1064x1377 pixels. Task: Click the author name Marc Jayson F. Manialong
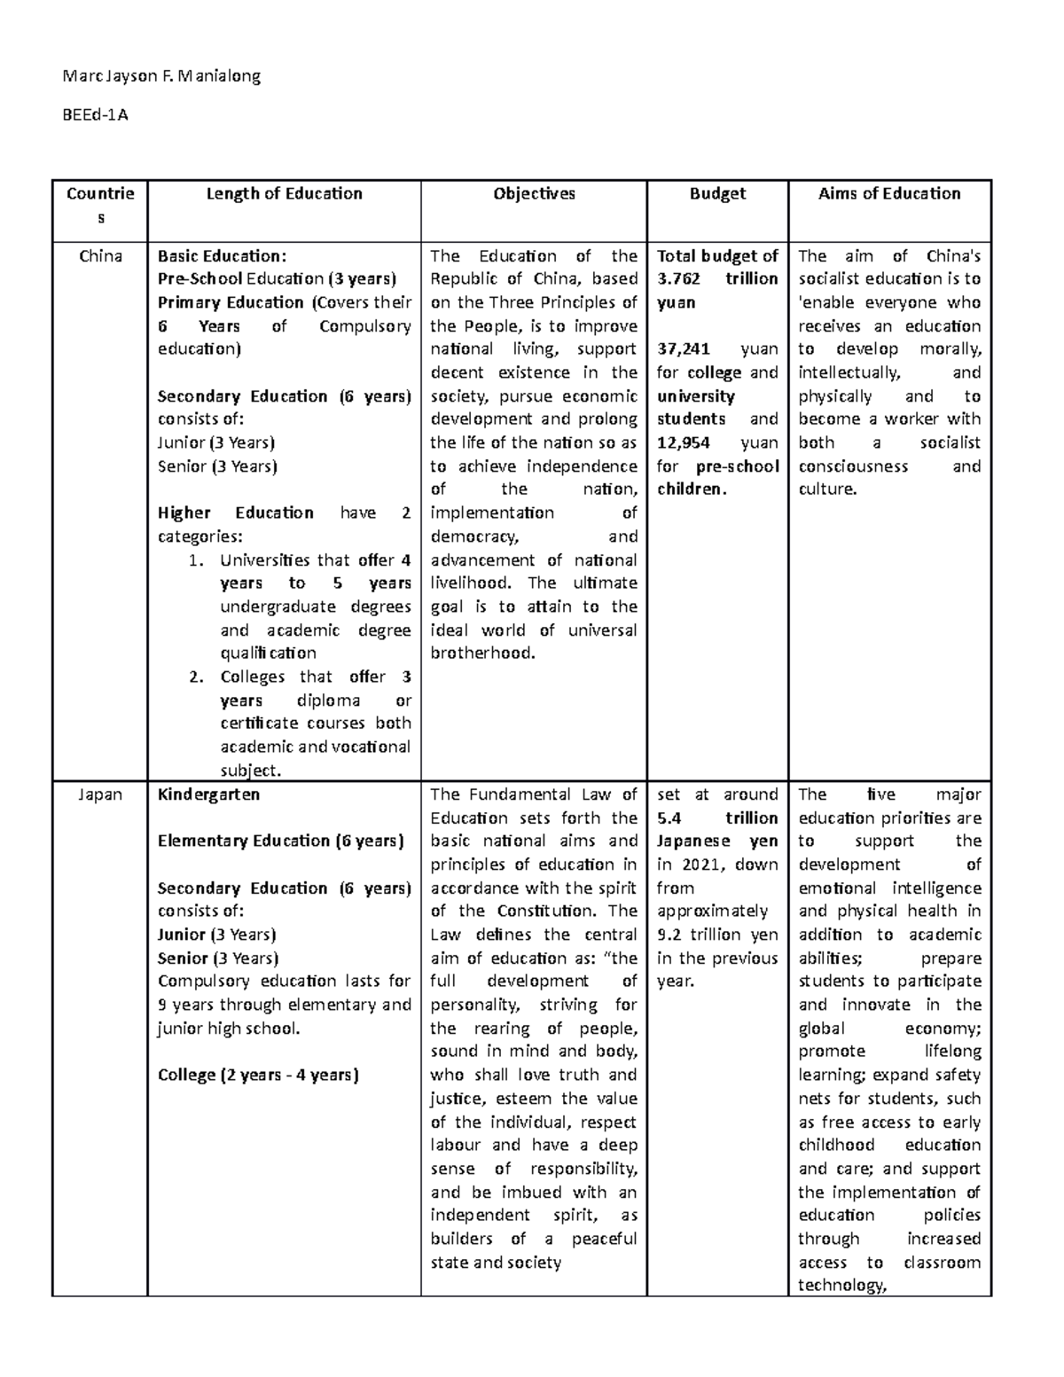tap(161, 76)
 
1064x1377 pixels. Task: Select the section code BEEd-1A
tap(95, 114)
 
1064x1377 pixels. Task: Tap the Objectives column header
tap(534, 193)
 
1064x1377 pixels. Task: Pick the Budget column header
tap(716, 193)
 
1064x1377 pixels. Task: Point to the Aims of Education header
tap(889, 193)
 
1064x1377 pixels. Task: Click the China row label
tap(100, 256)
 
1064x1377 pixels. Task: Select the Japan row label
tap(100, 794)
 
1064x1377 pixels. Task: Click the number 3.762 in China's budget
tap(678, 279)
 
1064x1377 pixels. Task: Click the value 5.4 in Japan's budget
tap(669, 818)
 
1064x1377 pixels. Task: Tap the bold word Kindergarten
tap(208, 794)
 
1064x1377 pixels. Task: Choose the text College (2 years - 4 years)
tap(258, 1075)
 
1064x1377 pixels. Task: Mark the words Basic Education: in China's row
tap(222, 256)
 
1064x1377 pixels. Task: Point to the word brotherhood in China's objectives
tap(482, 653)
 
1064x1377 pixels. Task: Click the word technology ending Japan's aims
tap(841, 1286)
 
